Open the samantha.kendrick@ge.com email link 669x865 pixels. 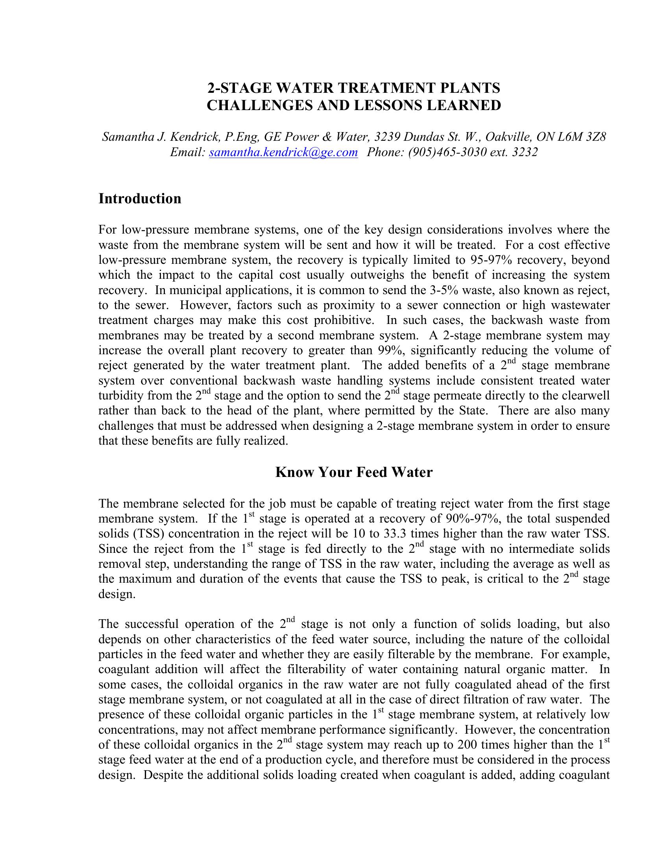(x=283, y=152)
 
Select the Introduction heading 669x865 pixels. (x=140, y=199)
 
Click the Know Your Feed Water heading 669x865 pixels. (x=354, y=472)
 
